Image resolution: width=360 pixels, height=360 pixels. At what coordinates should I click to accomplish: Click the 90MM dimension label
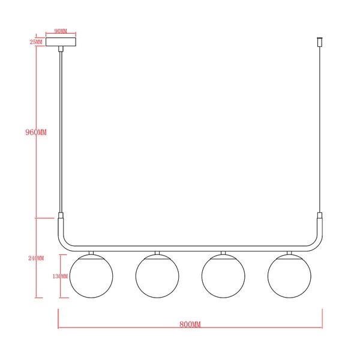tap(60, 30)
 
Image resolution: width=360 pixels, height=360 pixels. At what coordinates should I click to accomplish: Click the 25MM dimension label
tap(36, 42)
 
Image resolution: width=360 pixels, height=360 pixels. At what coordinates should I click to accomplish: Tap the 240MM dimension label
tap(36, 258)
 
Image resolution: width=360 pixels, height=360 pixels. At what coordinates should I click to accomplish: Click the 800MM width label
tap(190, 324)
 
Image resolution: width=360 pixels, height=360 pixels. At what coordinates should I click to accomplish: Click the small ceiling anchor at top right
tap(319, 43)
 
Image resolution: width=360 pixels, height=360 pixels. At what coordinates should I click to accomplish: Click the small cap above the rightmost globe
tap(289, 253)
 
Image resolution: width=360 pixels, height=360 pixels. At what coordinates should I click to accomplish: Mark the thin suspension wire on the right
tap(319, 132)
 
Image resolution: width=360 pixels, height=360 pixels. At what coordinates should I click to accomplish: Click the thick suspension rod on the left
tap(60, 132)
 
